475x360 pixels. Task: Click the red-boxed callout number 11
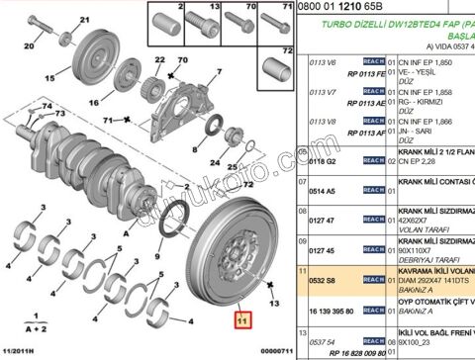click(240, 319)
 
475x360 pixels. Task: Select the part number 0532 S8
click(314, 281)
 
